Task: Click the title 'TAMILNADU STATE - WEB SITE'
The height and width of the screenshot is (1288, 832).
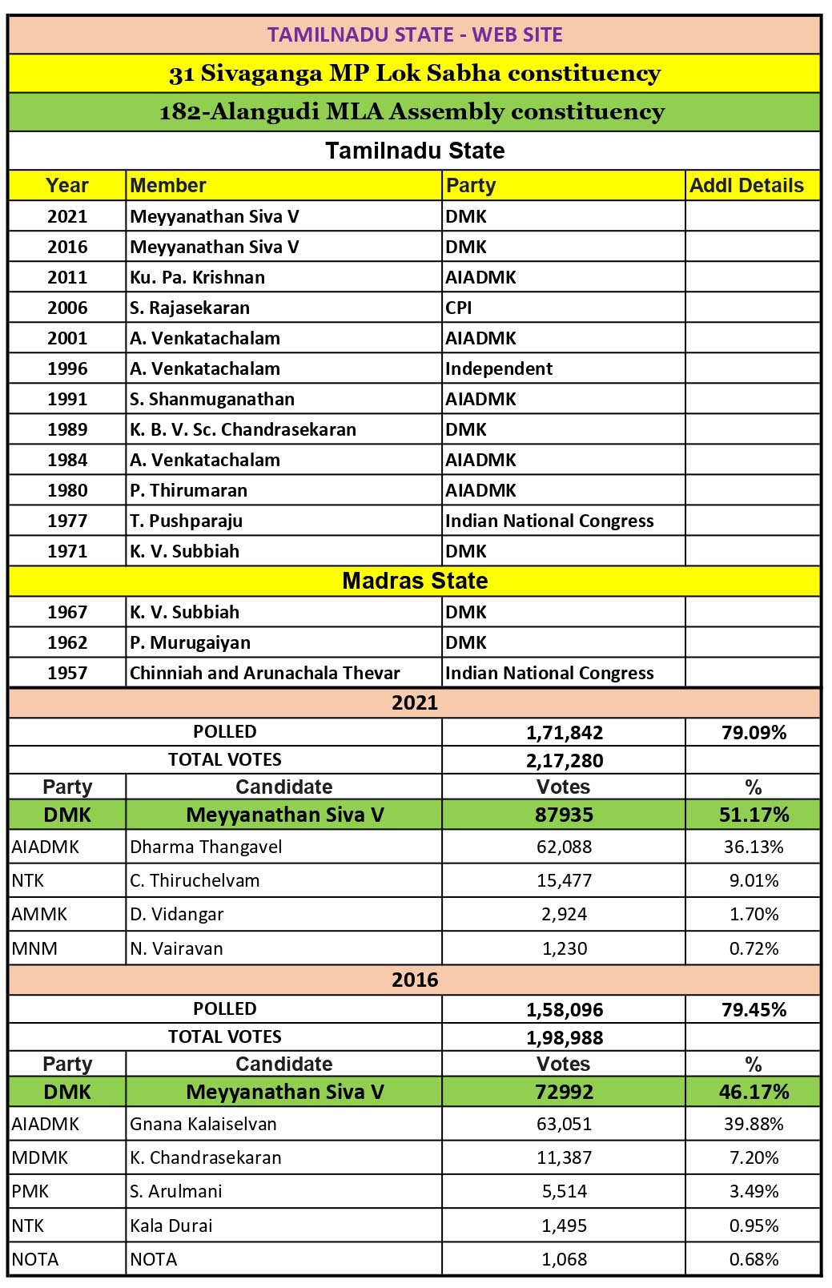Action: pos(415,34)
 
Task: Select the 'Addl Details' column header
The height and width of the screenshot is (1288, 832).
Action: pos(746,186)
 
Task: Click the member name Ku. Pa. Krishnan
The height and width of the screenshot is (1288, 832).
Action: pos(197,277)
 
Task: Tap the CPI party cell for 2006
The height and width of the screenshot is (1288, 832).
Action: pos(459,308)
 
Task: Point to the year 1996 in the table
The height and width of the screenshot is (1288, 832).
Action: pos(67,368)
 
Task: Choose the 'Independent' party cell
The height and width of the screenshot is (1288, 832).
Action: pos(499,368)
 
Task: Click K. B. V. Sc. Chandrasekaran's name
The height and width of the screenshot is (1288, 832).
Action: pos(243,429)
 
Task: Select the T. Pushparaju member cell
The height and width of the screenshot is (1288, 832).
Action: pos(186,521)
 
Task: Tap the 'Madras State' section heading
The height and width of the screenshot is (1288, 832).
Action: pos(415,581)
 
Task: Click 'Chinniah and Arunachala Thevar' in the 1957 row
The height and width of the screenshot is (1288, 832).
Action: pos(264,673)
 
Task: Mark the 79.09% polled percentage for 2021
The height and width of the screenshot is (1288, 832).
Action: pos(754,732)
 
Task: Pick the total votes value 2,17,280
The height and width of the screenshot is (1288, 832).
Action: pos(565,760)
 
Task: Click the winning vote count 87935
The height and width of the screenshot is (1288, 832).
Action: pos(565,815)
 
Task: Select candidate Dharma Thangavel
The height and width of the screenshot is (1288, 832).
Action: pos(206,847)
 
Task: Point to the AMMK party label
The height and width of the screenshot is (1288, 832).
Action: pos(39,914)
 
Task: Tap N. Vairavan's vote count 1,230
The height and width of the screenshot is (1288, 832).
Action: pos(565,948)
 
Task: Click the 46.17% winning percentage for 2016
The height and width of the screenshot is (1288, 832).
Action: pos(754,1092)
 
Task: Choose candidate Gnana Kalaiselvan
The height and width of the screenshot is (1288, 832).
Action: pos(203,1124)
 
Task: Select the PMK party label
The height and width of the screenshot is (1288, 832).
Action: pos(30,1191)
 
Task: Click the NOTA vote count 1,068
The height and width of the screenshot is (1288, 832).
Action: pos(565,1259)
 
